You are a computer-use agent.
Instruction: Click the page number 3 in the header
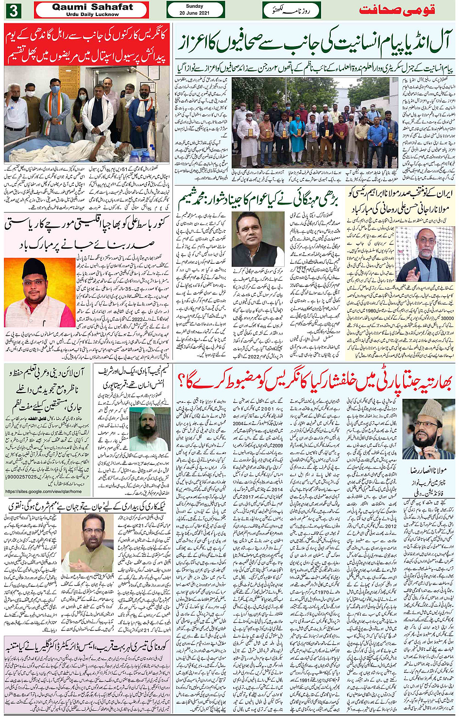[13, 10]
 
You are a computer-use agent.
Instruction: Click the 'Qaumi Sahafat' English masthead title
[92, 7]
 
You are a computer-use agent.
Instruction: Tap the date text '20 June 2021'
[194, 13]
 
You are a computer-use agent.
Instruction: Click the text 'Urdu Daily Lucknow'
[92, 15]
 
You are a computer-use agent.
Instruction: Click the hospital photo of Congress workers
[86, 114]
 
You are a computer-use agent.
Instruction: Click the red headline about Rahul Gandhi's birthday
[86, 44]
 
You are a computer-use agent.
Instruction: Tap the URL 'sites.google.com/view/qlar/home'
[44, 491]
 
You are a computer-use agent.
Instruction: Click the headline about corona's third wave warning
[86, 647]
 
